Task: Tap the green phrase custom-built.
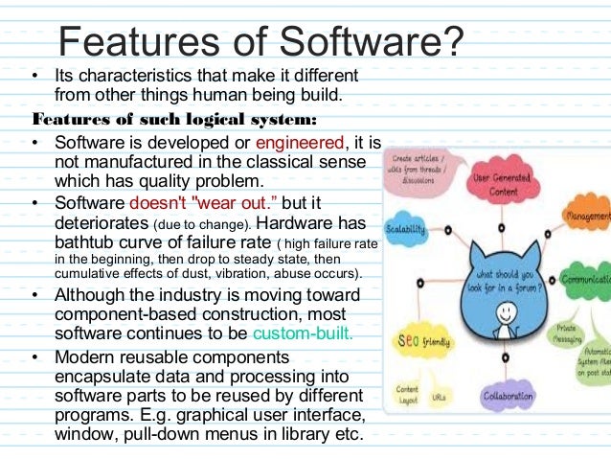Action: click(x=305, y=334)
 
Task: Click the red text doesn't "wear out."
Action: click(x=204, y=202)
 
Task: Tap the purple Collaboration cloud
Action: click(x=508, y=396)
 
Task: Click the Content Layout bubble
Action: click(x=409, y=397)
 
